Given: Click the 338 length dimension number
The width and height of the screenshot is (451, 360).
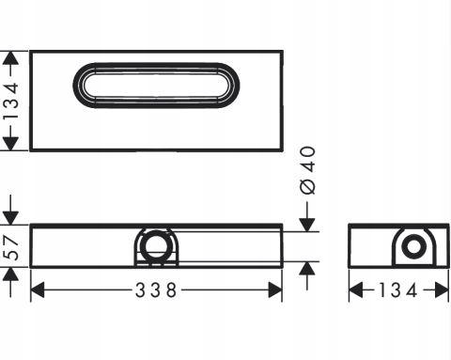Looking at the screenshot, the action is tap(156, 290).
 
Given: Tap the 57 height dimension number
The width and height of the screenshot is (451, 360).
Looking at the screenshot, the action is tap(13, 248).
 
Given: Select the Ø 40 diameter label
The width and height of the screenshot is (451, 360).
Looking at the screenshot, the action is tap(307, 170).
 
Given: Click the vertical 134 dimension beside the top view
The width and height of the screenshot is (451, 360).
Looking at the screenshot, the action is tap(11, 101).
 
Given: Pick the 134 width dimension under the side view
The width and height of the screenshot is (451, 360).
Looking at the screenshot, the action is tap(398, 290).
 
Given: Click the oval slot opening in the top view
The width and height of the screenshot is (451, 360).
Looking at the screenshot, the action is tap(156, 86).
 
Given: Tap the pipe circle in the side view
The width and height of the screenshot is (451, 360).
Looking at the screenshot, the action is tap(414, 247).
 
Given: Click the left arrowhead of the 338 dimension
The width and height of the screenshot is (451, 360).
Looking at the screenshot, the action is tap(38, 290).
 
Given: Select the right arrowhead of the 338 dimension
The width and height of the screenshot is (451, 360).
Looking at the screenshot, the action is tap(275, 290).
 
